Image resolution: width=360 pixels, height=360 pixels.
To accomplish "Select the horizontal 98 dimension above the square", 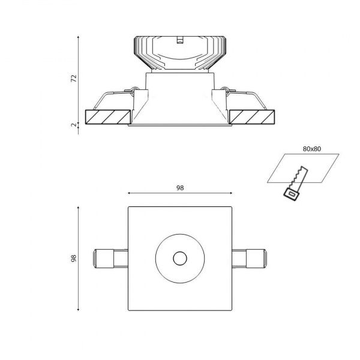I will (x=180, y=188).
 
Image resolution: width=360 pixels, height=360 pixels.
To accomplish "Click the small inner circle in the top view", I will (x=179, y=259).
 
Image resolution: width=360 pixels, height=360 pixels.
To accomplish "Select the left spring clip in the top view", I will (x=110, y=259).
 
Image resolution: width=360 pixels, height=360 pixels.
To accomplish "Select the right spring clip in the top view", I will (x=249, y=259).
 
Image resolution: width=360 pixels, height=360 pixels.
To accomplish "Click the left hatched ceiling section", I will (x=109, y=116).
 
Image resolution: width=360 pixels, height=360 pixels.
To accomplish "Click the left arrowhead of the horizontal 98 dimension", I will (x=130, y=194).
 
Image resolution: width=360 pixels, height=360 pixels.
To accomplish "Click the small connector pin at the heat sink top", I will (x=180, y=41).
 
